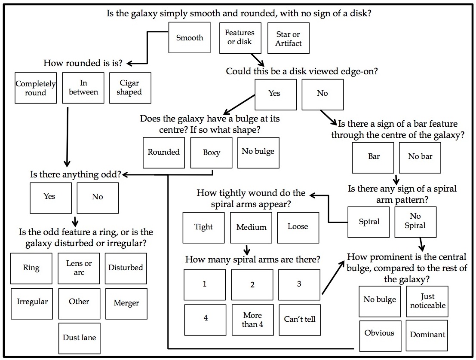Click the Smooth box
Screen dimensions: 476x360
pyautogui.click(x=190, y=38)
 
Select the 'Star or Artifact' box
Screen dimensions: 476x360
pyautogui.click(x=289, y=38)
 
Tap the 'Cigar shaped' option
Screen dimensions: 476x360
pyautogui.click(x=130, y=88)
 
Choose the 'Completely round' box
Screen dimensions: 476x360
pyautogui.click(x=36, y=88)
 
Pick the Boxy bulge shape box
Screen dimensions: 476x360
pyautogui.click(x=211, y=153)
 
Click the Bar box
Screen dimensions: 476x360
pyautogui.click(x=373, y=158)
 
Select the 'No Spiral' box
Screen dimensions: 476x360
pyautogui.click(x=416, y=222)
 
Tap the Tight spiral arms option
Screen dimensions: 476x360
pyautogui.click(x=204, y=228)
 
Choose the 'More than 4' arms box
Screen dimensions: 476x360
pyautogui.click(x=252, y=320)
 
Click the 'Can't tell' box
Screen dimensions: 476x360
pyautogui.click(x=300, y=320)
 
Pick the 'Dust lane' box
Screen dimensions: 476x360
pyautogui.click(x=80, y=339)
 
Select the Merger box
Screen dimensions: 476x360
pyautogui.click(x=126, y=304)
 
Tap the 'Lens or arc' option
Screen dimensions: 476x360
pyautogui.click(x=79, y=268)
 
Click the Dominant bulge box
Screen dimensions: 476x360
pyautogui.click(x=427, y=336)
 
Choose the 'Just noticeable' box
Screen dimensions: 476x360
pyautogui.click(x=427, y=302)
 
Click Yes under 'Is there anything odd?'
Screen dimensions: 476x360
pyautogui.click(x=51, y=198)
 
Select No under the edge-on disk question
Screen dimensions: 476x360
pyautogui.click(x=322, y=95)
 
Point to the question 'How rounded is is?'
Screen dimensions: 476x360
pyautogui.click(x=83, y=63)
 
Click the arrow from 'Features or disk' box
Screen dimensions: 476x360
pyautogui.click(x=258, y=60)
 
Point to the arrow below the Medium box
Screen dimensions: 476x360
pyautogui.click(x=247, y=250)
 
